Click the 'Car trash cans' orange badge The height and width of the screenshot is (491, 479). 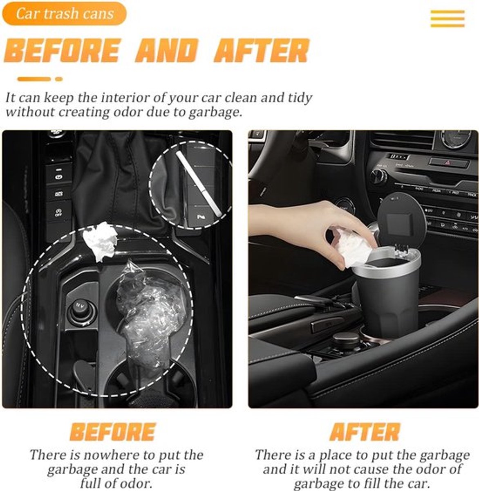pos(65,14)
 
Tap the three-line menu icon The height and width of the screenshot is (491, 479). pos(448,19)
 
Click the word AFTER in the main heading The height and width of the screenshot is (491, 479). pos(262,50)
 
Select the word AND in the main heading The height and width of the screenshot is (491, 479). pos(167,50)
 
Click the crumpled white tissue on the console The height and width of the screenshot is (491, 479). pos(100,241)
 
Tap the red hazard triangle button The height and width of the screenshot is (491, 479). pos(447,162)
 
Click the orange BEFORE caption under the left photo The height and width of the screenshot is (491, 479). pos(113,432)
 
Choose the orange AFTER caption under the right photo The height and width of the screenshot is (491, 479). pos(365,432)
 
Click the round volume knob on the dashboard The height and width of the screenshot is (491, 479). pos(378,176)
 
